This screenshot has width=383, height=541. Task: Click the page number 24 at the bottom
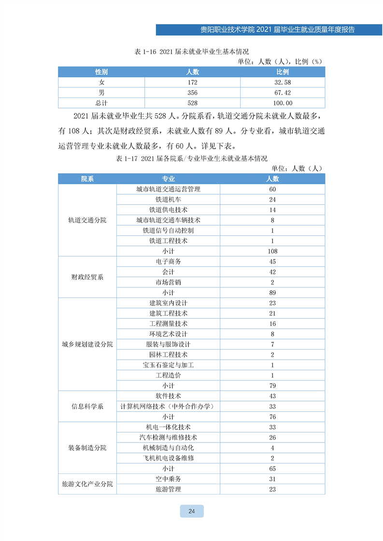coord(192,512)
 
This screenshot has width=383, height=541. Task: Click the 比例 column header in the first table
coord(282,72)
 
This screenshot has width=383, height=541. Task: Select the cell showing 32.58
coord(282,82)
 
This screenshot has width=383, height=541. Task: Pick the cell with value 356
coord(192,93)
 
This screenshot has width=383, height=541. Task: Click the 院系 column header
coord(87,179)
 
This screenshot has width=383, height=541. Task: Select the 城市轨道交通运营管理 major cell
coord(168,189)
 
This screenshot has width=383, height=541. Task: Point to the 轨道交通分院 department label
coord(87,220)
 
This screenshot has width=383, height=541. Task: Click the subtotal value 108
coord(272,251)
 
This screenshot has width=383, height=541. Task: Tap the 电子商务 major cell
coord(168,261)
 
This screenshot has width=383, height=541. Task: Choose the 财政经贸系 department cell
coord(87,277)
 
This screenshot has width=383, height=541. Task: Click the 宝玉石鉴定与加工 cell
coord(168,365)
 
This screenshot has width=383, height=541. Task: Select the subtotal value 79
coord(272,386)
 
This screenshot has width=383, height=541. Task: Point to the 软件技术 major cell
coord(168,396)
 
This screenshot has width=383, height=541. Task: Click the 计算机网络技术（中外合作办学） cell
coord(168,406)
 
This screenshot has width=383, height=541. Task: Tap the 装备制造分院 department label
coord(87,448)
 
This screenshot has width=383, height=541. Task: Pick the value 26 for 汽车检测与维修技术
coord(272,437)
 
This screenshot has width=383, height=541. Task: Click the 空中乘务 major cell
coord(168,479)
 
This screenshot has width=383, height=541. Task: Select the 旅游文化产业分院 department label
coord(87,484)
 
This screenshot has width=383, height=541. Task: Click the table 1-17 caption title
coord(192,158)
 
